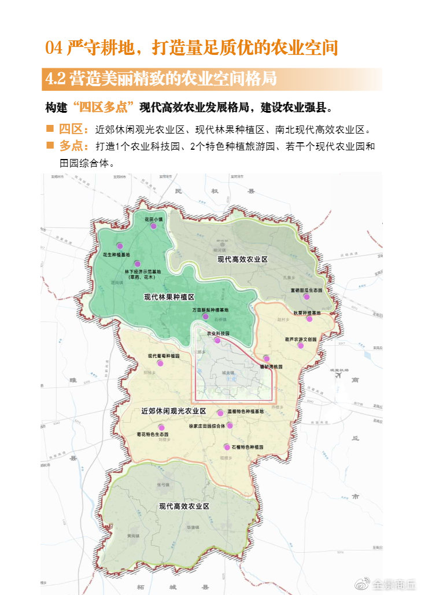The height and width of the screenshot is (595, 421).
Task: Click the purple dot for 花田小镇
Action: pyautogui.click(x=153, y=227)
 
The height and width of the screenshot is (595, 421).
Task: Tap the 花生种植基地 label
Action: pyautogui.click(x=116, y=254)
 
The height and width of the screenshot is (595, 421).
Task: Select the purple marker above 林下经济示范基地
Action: pyautogui.click(x=138, y=264)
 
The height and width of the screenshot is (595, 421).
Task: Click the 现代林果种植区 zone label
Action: pyautogui.click(x=169, y=297)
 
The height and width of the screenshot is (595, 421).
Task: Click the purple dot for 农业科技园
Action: pyautogui.click(x=217, y=341)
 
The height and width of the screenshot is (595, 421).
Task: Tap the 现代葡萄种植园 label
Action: pyautogui.click(x=164, y=356)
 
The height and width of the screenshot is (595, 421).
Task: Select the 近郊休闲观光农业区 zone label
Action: pyautogui.click(x=174, y=411)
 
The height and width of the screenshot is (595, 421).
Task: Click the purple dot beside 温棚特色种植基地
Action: pyautogui.click(x=220, y=413)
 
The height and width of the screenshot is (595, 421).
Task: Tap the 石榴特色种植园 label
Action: pyautogui.click(x=247, y=448)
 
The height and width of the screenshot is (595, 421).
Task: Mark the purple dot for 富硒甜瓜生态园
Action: pyautogui.click(x=306, y=297)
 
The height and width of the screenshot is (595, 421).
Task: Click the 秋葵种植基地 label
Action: pyautogui.click(x=306, y=312)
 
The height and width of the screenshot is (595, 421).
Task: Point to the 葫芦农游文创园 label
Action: pyautogui.click(x=301, y=339)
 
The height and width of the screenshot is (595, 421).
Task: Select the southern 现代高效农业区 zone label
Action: pyautogui.click(x=184, y=507)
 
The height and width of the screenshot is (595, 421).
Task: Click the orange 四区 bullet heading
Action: pyautogui.click(x=73, y=128)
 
